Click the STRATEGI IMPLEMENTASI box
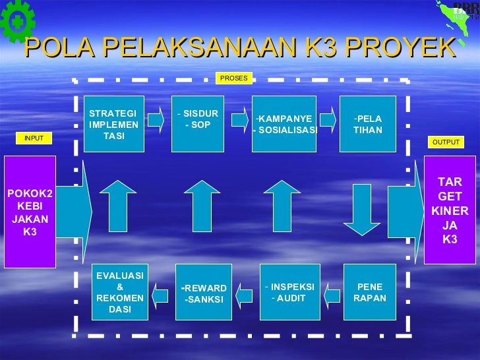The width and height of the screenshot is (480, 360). tap(113, 124)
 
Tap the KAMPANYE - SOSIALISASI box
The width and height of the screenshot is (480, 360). tap(284, 124)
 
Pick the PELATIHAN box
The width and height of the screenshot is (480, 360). tap(367, 124)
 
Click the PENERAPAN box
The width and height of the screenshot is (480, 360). tap(369, 292)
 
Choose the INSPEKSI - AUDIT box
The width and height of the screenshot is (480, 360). tap(290, 292)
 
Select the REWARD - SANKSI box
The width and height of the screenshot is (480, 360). tap(204, 292)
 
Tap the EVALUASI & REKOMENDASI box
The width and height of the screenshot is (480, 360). tap(119, 292)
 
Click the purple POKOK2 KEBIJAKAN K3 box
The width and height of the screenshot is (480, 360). tap(30, 212)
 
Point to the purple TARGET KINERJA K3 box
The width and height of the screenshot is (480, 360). tap(450, 210)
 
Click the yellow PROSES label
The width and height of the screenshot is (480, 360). tap(233, 78)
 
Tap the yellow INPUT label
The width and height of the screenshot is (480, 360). tap(34, 138)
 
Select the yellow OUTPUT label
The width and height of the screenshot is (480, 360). tap(446, 142)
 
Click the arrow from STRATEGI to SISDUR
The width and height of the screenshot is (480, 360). tap(156, 119)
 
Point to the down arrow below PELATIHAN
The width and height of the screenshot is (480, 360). tap(362, 209)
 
